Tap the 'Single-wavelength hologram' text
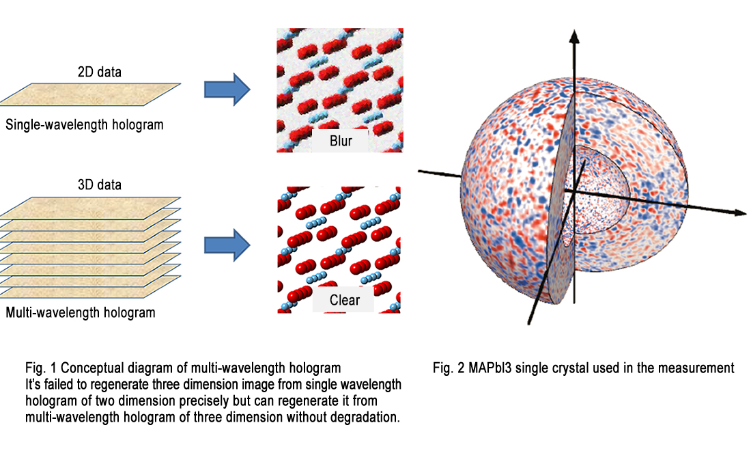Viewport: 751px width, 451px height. point(84,126)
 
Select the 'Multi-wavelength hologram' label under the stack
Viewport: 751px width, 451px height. point(80,314)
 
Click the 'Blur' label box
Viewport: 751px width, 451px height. point(339,141)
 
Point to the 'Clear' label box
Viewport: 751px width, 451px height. point(344,299)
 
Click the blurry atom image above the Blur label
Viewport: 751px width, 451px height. point(339,75)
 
